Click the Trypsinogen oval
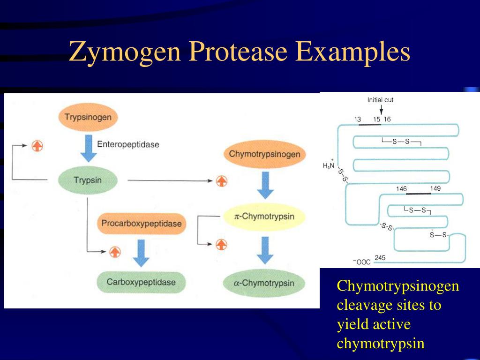pos(88,117)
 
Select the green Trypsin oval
pos(88,180)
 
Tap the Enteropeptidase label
pos(128,144)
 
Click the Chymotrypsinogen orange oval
pos(265,154)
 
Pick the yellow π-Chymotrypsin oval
pos(264,216)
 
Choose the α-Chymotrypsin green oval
pos(264,283)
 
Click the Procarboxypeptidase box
pos(141,224)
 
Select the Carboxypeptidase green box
pos(141,282)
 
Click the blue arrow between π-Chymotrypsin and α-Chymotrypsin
pos(265,250)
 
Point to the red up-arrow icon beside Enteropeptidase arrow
pos(37,146)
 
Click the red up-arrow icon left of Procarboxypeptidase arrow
pos(115,252)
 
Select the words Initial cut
pos(380,100)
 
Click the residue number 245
pos(380,257)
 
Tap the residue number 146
pos(401,188)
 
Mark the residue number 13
pos(358,119)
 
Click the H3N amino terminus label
pos(329,165)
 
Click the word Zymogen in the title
pos(125,52)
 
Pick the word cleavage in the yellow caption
pos(365,305)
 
